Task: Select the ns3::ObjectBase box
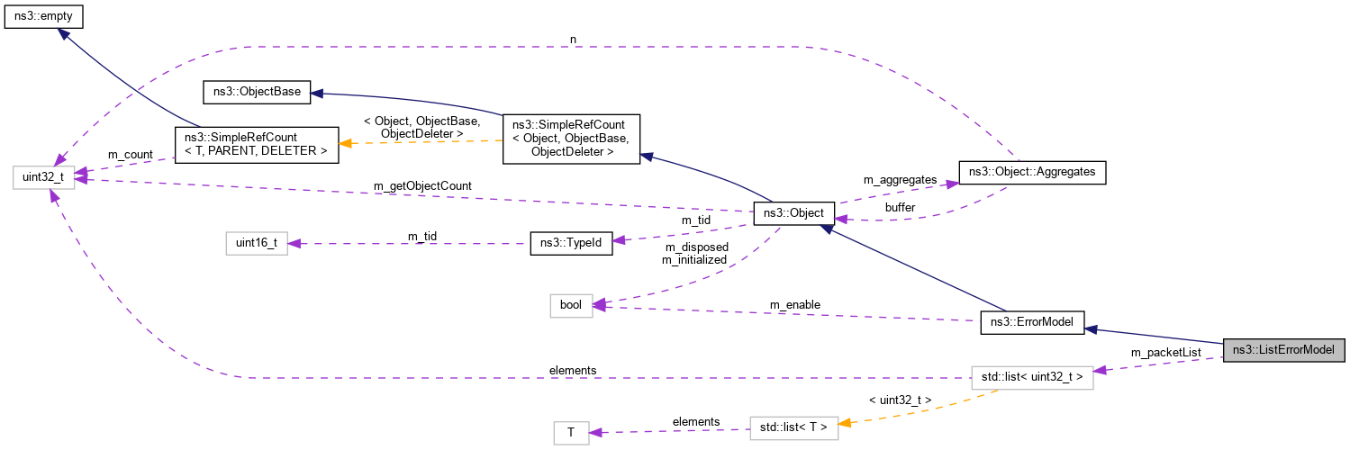[257, 91]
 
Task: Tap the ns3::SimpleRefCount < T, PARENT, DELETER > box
[256, 144]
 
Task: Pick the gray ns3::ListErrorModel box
[1283, 349]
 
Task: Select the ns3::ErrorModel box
[1031, 323]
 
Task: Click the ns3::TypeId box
[571, 242]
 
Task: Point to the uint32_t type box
[42, 171]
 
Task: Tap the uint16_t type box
[256, 242]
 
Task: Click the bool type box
[571, 305]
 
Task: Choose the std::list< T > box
[793, 428]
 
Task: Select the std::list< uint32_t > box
[1031, 377]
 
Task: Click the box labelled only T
[571, 433]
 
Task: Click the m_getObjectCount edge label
[422, 185]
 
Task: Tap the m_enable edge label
[794, 305]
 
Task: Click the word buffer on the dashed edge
[900, 207]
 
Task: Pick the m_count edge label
[130, 154]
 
